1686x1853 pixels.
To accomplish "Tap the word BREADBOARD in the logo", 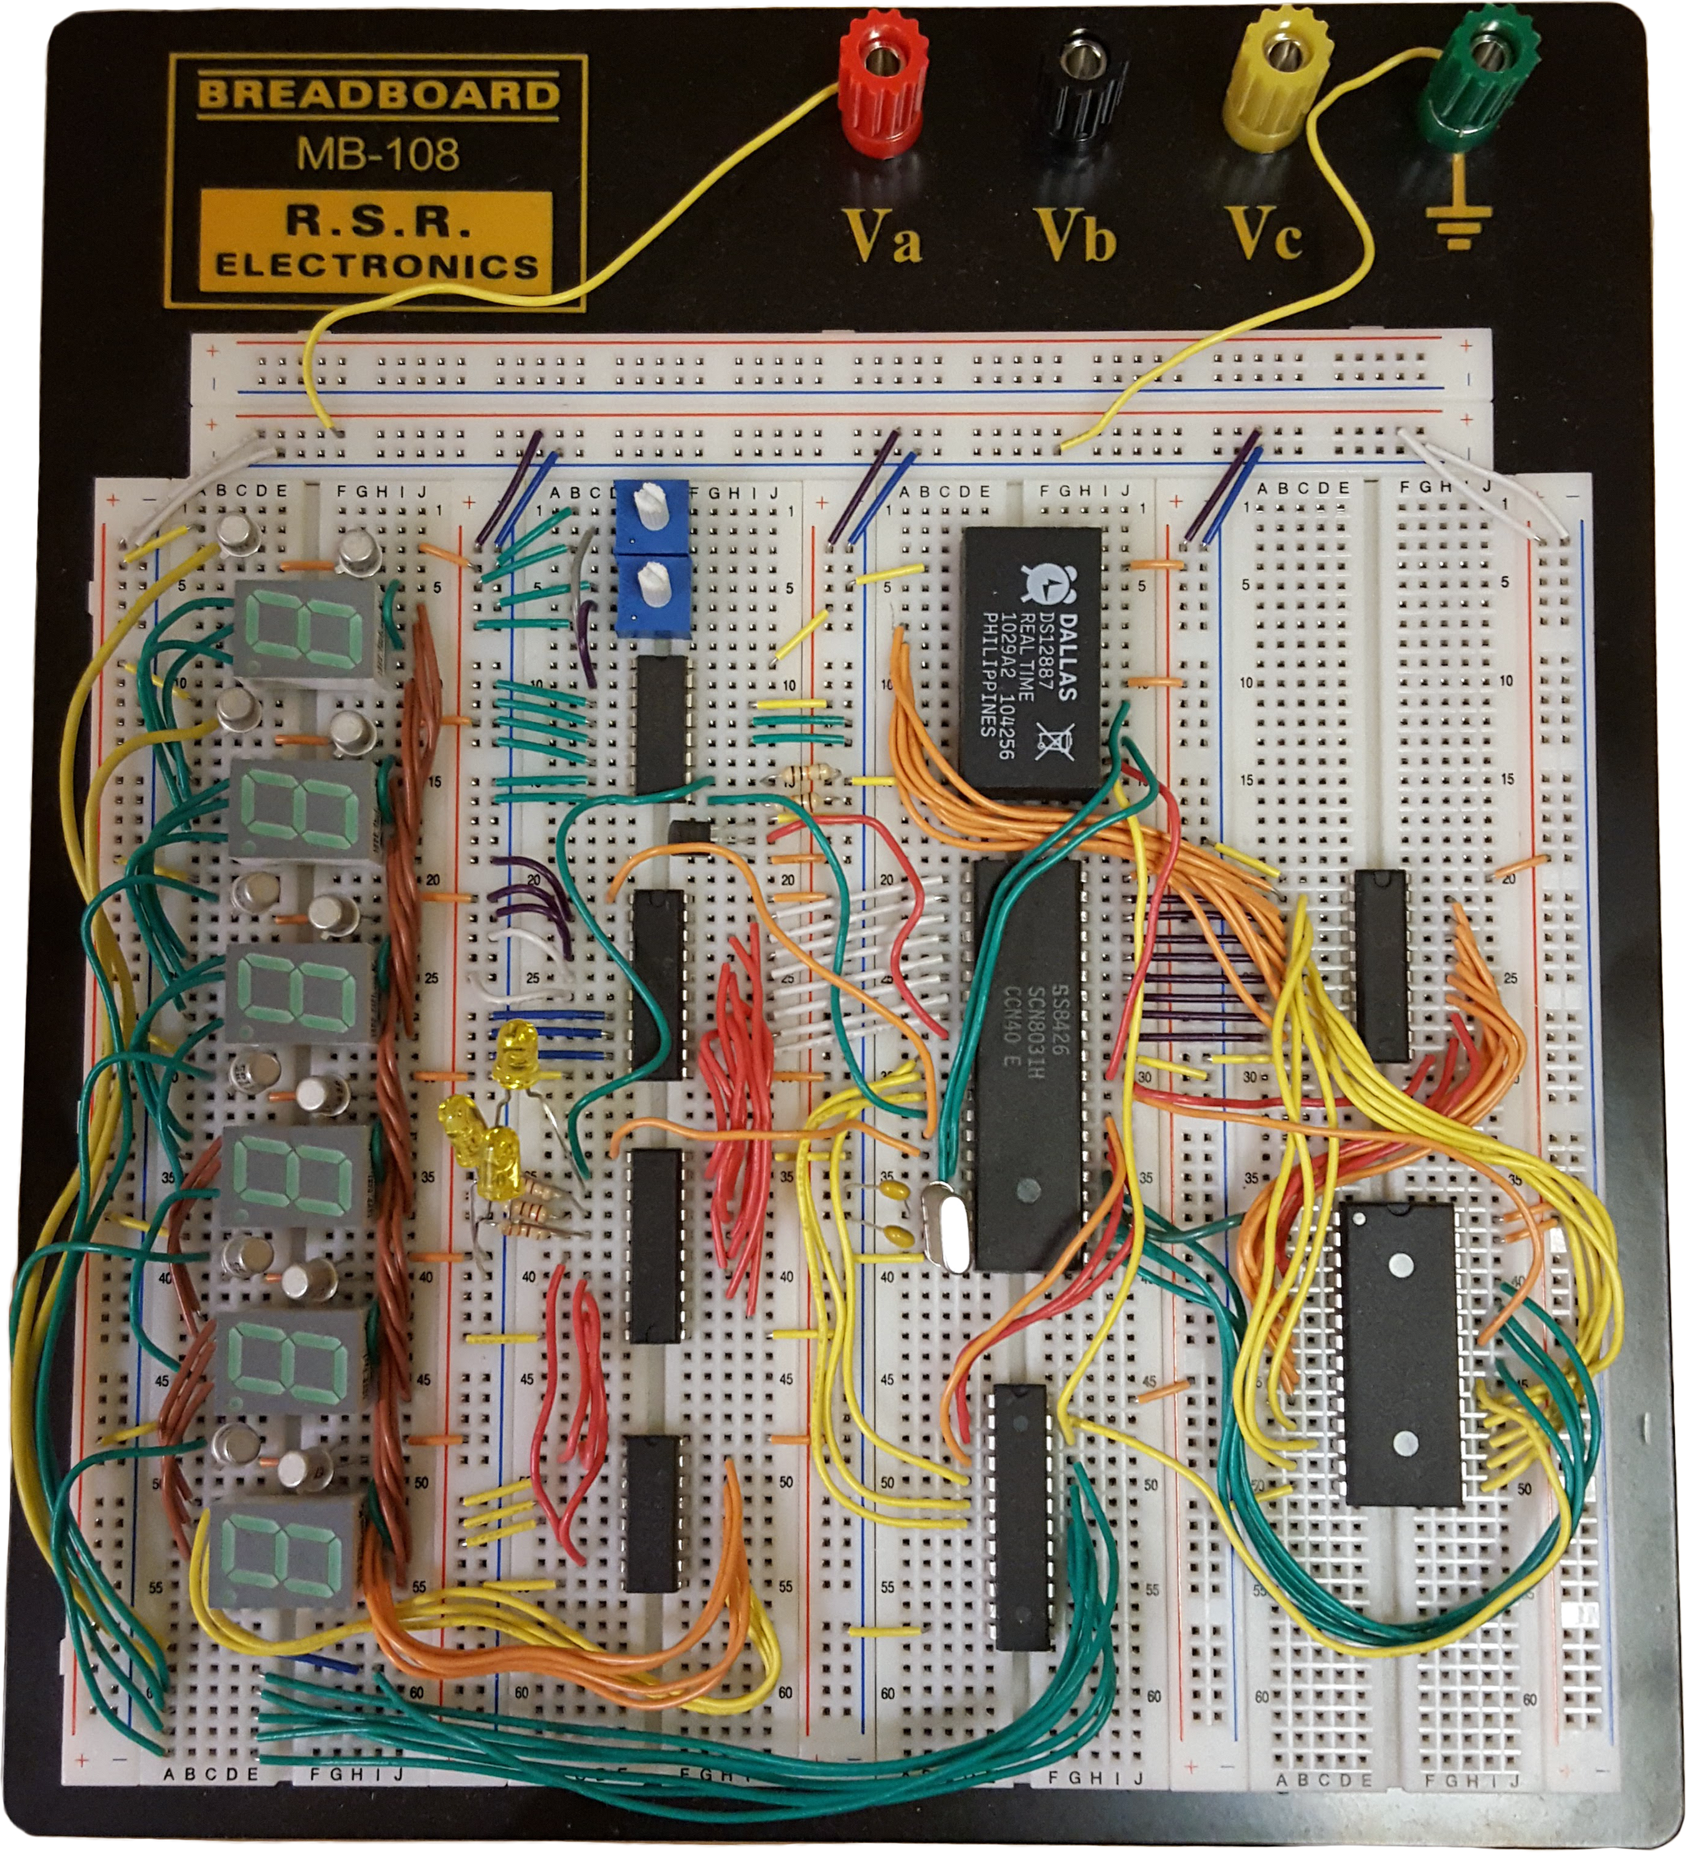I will pos(378,95).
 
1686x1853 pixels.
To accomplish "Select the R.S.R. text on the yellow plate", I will pos(378,221).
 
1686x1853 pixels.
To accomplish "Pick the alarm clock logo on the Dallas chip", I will pos(1041,582).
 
